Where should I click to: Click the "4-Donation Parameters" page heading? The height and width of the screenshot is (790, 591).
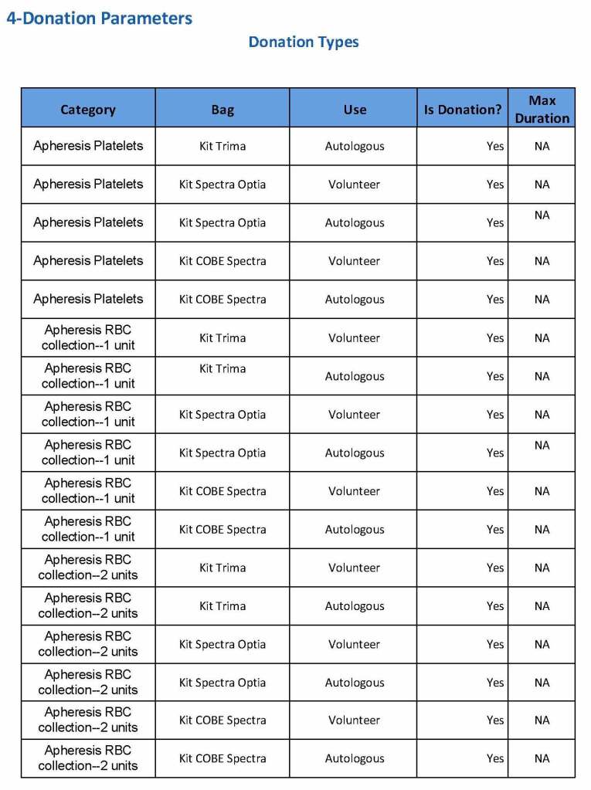100,18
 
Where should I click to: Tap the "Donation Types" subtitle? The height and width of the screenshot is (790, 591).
304,42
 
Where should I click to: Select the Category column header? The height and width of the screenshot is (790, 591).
88,110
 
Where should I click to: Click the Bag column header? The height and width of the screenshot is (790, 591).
222,110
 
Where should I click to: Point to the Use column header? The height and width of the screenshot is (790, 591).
355,110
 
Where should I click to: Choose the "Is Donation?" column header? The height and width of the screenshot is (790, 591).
463,110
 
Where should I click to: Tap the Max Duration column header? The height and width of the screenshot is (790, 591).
542,109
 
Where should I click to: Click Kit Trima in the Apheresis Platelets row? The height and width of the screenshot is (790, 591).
222,146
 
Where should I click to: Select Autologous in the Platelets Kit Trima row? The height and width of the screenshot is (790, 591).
355,146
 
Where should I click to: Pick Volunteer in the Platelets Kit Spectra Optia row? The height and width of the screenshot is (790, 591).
355,185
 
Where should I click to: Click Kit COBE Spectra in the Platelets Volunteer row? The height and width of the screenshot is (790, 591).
222,261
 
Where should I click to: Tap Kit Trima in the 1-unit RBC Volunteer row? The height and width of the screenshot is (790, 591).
222,337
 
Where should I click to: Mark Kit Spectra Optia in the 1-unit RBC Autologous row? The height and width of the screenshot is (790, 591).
222,453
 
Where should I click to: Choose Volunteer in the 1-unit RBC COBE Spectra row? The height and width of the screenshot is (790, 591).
355,491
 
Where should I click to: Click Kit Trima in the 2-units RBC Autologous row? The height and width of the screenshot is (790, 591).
222,606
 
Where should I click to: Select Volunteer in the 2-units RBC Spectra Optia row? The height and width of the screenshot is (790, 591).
355,644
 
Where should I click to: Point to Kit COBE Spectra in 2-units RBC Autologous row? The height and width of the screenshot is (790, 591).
222,758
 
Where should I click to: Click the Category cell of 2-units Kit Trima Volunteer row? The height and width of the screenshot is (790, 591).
88,568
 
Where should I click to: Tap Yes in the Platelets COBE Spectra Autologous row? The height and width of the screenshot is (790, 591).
495,300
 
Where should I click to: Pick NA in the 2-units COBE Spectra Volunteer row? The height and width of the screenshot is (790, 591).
542,720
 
